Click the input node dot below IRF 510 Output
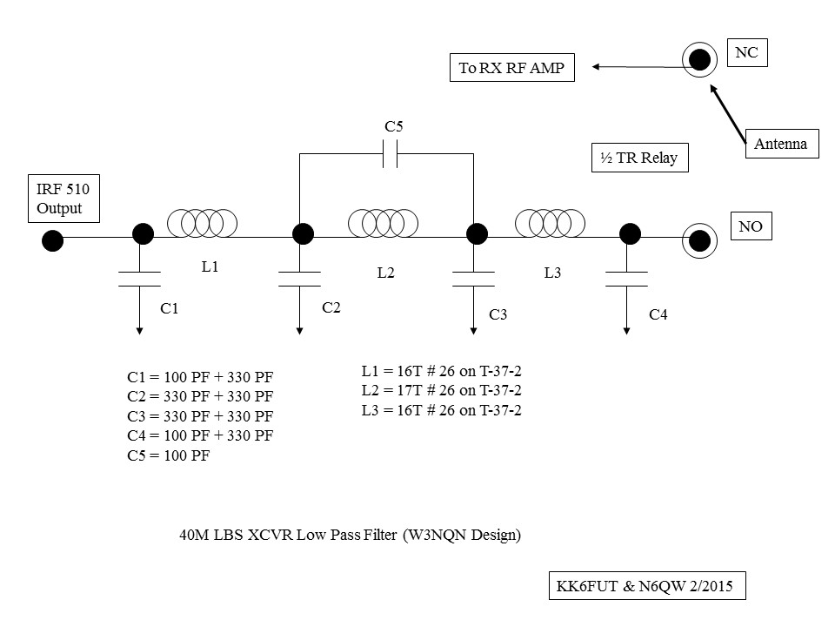coord(53,240)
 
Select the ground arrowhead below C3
coord(473,331)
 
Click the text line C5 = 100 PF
coord(168,455)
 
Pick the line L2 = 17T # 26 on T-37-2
coord(442,390)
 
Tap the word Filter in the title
coord(380,534)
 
